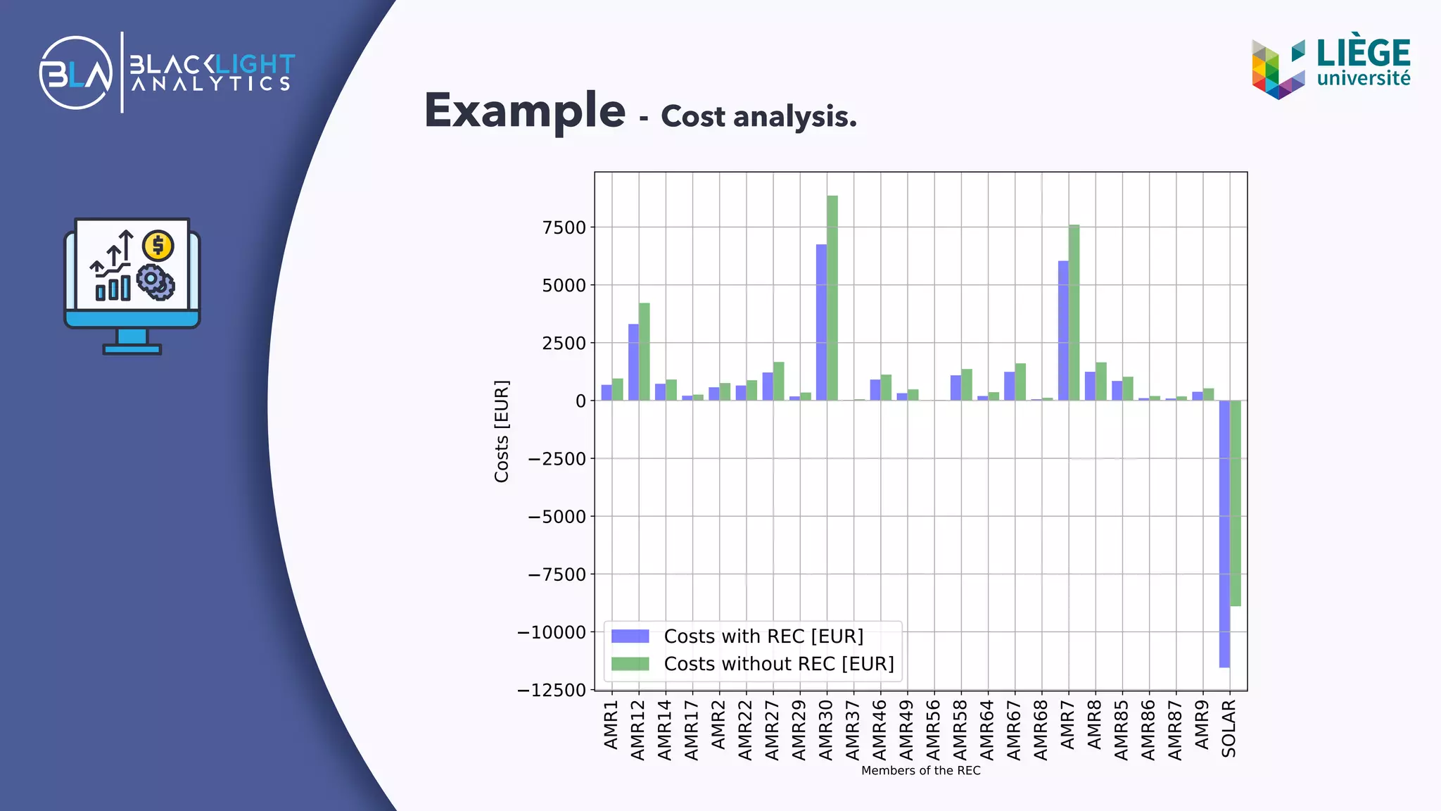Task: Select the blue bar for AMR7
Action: [x=1063, y=331]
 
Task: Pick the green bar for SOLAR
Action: [x=1236, y=503]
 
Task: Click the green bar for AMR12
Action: [x=645, y=352]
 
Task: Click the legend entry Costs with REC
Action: [x=763, y=636]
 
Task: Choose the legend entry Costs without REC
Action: [x=778, y=664]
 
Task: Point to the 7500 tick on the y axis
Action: [x=564, y=227]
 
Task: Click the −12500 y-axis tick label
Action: [x=552, y=691]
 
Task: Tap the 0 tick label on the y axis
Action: [x=580, y=401]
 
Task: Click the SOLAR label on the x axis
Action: [x=1229, y=729]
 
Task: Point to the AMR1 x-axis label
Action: [x=611, y=724]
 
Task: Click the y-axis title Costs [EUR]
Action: [x=502, y=432]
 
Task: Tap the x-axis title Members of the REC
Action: [x=920, y=771]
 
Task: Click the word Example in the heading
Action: [x=525, y=111]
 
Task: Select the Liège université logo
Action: [x=1331, y=67]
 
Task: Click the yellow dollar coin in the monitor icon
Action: [x=158, y=246]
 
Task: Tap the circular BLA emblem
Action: [x=76, y=73]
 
